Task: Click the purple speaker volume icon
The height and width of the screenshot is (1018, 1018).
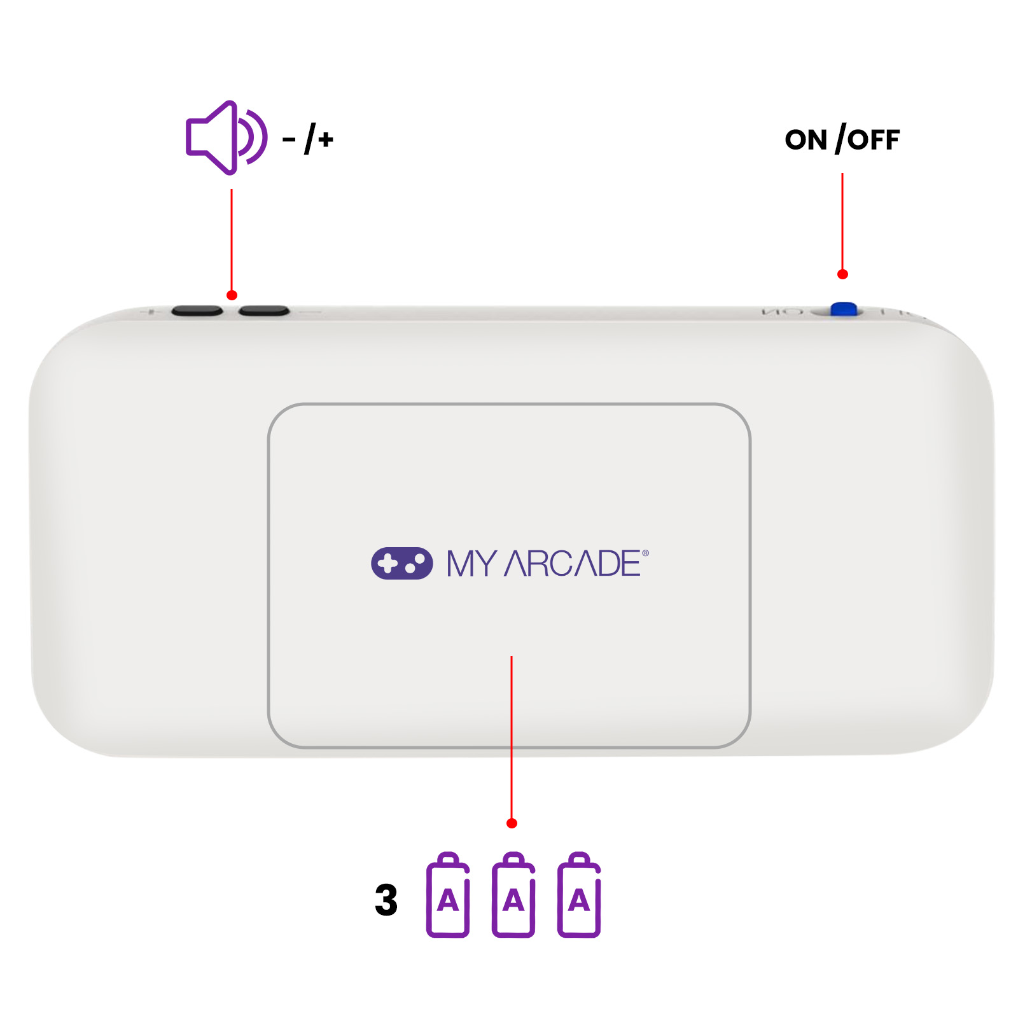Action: click(x=226, y=137)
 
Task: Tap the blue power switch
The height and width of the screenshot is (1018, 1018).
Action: click(x=844, y=309)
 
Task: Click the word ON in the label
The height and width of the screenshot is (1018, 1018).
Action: click(x=805, y=140)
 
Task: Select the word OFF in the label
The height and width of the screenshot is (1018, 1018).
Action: click(x=874, y=140)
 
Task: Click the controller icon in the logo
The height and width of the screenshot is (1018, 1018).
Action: click(x=401, y=563)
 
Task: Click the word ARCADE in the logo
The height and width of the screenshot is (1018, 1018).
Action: click(x=572, y=564)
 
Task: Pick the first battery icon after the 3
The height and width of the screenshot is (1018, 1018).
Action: click(x=448, y=895)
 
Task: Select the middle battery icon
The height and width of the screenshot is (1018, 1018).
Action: click(x=513, y=895)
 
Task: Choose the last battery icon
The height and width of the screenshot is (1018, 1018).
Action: click(x=579, y=895)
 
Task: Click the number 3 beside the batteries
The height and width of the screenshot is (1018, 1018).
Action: click(x=386, y=900)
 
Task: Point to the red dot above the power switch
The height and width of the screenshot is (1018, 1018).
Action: click(x=842, y=274)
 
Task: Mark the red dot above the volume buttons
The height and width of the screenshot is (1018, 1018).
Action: click(x=232, y=295)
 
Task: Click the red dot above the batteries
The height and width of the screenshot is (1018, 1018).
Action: click(x=512, y=823)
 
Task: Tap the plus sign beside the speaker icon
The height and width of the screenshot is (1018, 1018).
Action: click(x=326, y=139)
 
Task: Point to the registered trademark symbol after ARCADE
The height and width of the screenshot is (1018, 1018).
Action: click(x=645, y=553)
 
